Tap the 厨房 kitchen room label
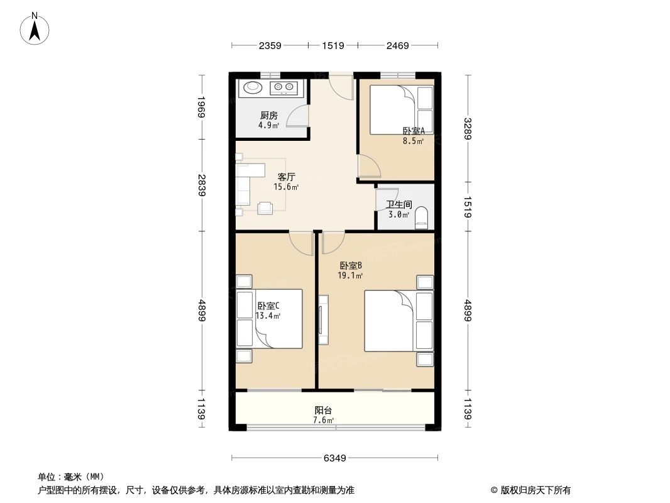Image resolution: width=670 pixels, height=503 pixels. coord(269,116)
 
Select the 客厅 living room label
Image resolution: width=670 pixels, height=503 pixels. coord(287,177)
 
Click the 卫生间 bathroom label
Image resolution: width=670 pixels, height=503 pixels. coord(398,204)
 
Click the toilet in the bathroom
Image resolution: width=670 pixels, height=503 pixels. coord(421,218)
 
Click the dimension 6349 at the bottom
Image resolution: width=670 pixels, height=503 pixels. coord(336,458)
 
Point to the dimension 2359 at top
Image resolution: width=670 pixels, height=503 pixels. coord(269,45)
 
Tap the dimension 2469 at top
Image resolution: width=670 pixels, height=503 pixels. coord(397,45)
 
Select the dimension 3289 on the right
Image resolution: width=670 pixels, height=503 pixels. coord(468,129)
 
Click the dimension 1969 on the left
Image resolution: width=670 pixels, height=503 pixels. coord(201,108)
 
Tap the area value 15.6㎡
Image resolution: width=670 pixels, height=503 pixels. coord(286,187)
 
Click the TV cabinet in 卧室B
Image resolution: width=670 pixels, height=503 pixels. coord(323,319)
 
